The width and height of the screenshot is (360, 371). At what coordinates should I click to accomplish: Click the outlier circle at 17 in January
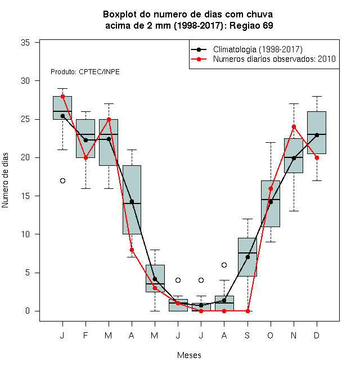click(62, 181)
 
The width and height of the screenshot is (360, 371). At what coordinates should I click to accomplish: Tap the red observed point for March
click(109, 120)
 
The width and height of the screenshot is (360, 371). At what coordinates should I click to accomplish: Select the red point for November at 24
click(294, 127)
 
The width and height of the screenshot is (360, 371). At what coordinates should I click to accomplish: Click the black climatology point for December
click(317, 135)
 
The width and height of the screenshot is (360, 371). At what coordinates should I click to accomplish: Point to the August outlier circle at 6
click(224, 265)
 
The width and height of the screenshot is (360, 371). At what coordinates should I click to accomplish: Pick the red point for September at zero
click(247, 311)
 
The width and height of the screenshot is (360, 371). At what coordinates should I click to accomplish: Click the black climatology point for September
click(247, 257)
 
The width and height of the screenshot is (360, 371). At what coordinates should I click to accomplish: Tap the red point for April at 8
click(132, 250)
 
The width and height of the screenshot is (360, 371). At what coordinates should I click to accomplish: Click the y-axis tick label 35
click(25, 43)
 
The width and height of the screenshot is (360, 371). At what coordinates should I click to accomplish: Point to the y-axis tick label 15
click(25, 196)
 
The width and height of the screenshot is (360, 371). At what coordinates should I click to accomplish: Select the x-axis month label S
click(247, 335)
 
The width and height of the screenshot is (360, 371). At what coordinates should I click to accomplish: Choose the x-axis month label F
click(85, 335)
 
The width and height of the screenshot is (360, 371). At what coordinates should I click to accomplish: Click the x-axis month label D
click(317, 335)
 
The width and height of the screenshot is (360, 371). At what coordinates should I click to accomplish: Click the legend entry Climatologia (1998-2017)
click(258, 49)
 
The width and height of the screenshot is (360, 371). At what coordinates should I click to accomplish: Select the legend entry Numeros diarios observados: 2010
click(274, 59)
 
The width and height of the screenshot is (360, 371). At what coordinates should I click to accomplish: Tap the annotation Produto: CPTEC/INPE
click(85, 72)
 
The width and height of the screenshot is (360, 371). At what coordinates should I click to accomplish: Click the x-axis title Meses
click(189, 355)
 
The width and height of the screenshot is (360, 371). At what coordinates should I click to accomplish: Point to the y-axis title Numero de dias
click(5, 180)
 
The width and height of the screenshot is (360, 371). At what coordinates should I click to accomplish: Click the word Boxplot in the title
click(120, 15)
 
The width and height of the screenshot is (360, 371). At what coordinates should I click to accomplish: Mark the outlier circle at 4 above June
click(178, 280)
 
